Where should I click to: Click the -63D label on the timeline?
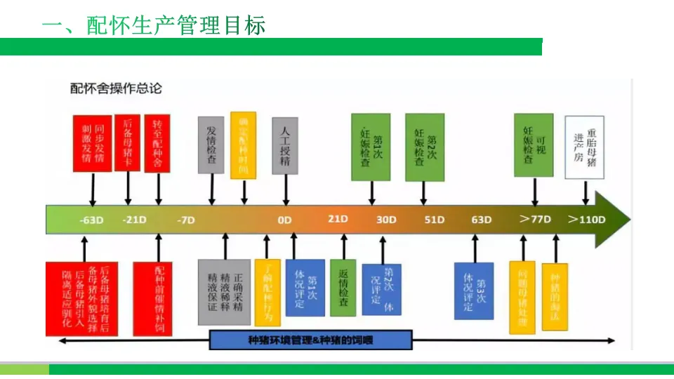pos(91,220)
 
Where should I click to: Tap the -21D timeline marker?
pos(134,220)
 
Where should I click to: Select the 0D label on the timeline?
pos(284,220)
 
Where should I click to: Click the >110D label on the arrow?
pos(586,219)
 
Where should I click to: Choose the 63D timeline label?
pos(482,220)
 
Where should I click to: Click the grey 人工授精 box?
pos(285,145)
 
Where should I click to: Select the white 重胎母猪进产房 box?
pos(585,148)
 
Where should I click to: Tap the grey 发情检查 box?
pos(211,145)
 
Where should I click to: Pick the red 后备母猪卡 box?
pos(127,143)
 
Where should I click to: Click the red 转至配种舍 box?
pos(158,143)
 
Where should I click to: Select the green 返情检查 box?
pos(343,287)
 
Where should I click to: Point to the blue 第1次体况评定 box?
pos(305,288)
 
